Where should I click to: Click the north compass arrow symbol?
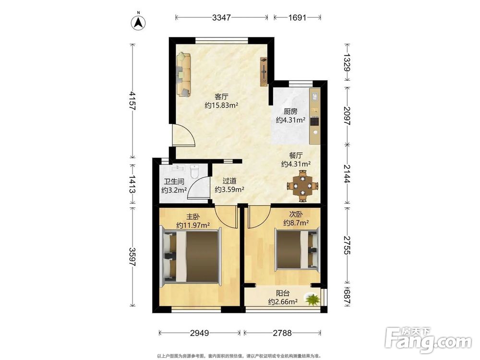pos(138,23)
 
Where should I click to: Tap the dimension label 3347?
pos(221,17)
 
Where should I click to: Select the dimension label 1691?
pos(297,17)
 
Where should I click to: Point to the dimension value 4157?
pos(132,101)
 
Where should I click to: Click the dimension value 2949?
pos(200,333)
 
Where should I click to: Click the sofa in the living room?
pos(183,74)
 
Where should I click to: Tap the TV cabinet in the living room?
pos(264,71)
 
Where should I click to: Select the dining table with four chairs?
pos(302,185)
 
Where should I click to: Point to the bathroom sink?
pos(177,168)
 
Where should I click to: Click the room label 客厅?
pos(221,97)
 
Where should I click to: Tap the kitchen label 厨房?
pos(290,111)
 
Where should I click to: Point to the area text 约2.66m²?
pos(283,302)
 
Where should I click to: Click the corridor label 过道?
pos(229,181)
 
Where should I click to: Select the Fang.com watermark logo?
pos(428,340)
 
